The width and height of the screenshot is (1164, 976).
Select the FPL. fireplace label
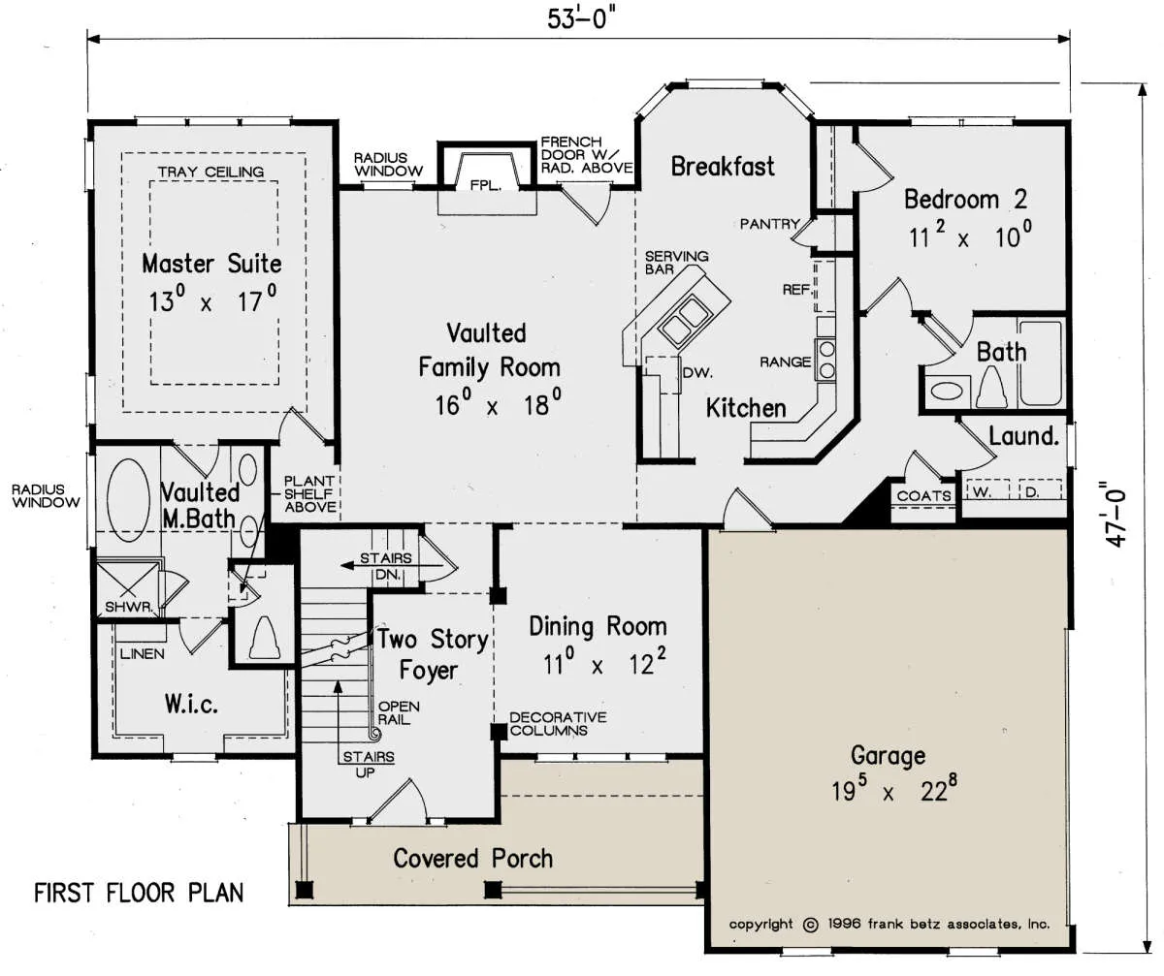(x=486, y=185)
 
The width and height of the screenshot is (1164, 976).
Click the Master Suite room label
(x=211, y=264)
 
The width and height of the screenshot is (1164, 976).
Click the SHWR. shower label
(x=129, y=607)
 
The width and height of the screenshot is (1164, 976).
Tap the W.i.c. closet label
(x=191, y=705)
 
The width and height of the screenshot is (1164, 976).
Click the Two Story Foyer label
(x=433, y=654)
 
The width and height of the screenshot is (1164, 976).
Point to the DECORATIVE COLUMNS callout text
(x=558, y=724)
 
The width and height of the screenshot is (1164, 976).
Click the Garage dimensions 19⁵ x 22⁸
(x=894, y=788)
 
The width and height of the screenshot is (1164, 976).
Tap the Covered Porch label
(x=472, y=859)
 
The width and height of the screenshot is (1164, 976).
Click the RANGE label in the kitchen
(x=785, y=362)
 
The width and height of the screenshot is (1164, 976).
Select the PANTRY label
(x=769, y=224)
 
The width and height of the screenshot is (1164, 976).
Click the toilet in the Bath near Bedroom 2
(x=991, y=389)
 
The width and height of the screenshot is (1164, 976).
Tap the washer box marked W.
(x=987, y=491)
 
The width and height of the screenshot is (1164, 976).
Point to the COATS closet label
(x=923, y=495)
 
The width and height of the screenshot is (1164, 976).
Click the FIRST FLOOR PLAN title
(x=139, y=893)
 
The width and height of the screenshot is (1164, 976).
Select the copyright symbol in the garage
(x=811, y=926)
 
